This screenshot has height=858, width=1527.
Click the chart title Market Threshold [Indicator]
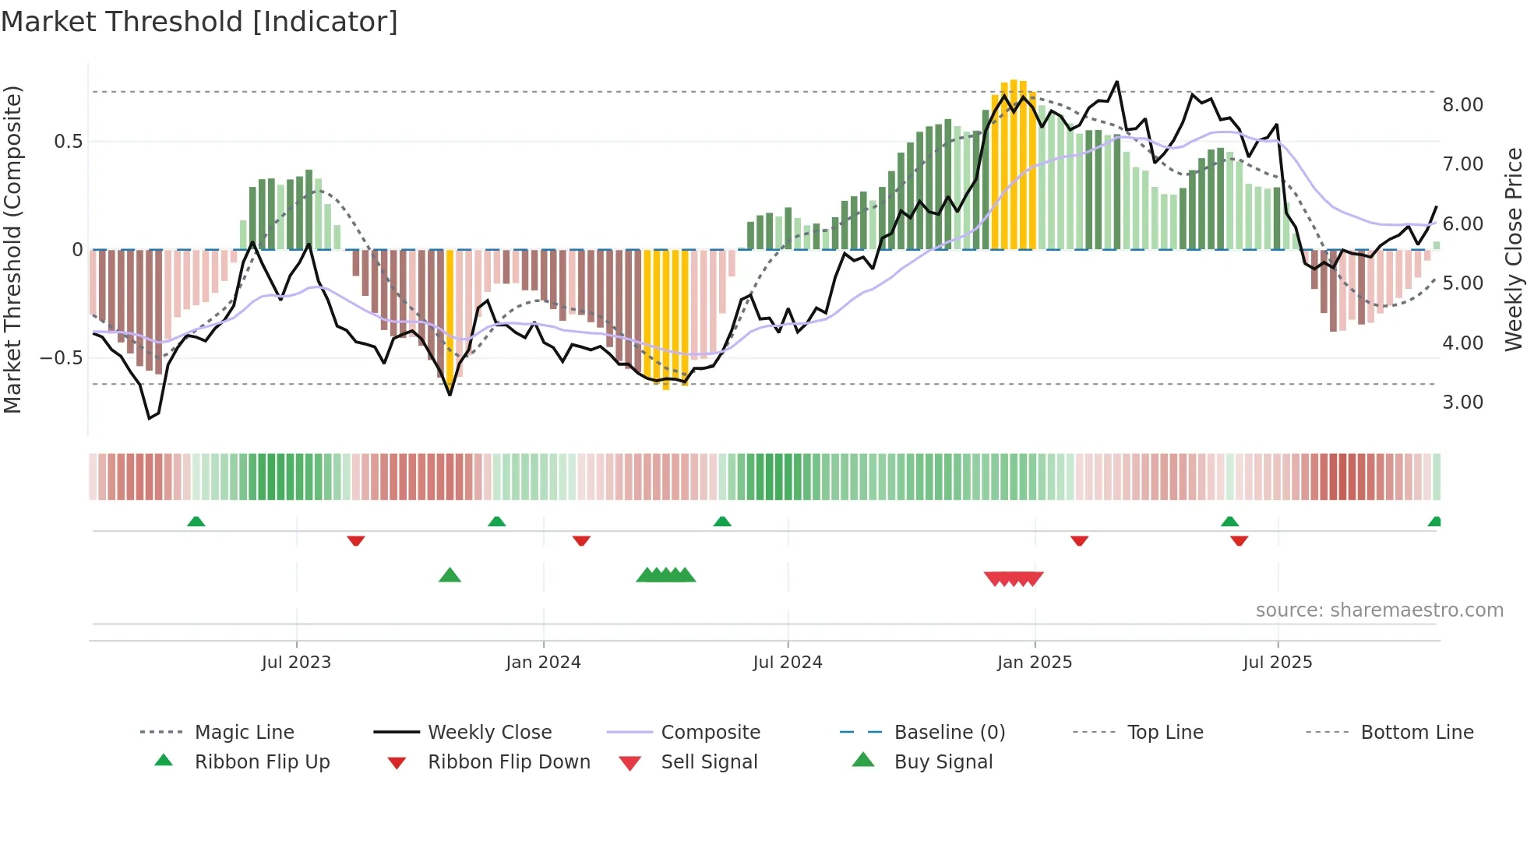click(x=199, y=22)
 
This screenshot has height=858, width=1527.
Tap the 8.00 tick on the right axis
click(x=1462, y=105)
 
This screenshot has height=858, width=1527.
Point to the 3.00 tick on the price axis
click(x=1462, y=403)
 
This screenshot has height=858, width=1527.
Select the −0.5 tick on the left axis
click(x=62, y=358)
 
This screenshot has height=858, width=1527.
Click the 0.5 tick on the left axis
click(x=68, y=142)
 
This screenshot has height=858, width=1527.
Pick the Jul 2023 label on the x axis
click(x=296, y=663)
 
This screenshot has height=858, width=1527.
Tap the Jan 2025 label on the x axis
click(x=1034, y=663)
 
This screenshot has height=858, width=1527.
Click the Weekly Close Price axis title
click(x=1513, y=249)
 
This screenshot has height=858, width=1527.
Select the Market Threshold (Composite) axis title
click(x=12, y=249)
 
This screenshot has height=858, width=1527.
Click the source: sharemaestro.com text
click(x=1379, y=610)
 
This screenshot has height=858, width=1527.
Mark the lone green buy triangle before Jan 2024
click(x=450, y=575)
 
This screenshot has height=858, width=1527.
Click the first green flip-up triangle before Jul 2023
click(x=196, y=522)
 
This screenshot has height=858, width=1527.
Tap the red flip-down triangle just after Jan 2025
click(x=1079, y=540)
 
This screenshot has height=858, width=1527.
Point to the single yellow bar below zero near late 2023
click(x=450, y=319)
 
